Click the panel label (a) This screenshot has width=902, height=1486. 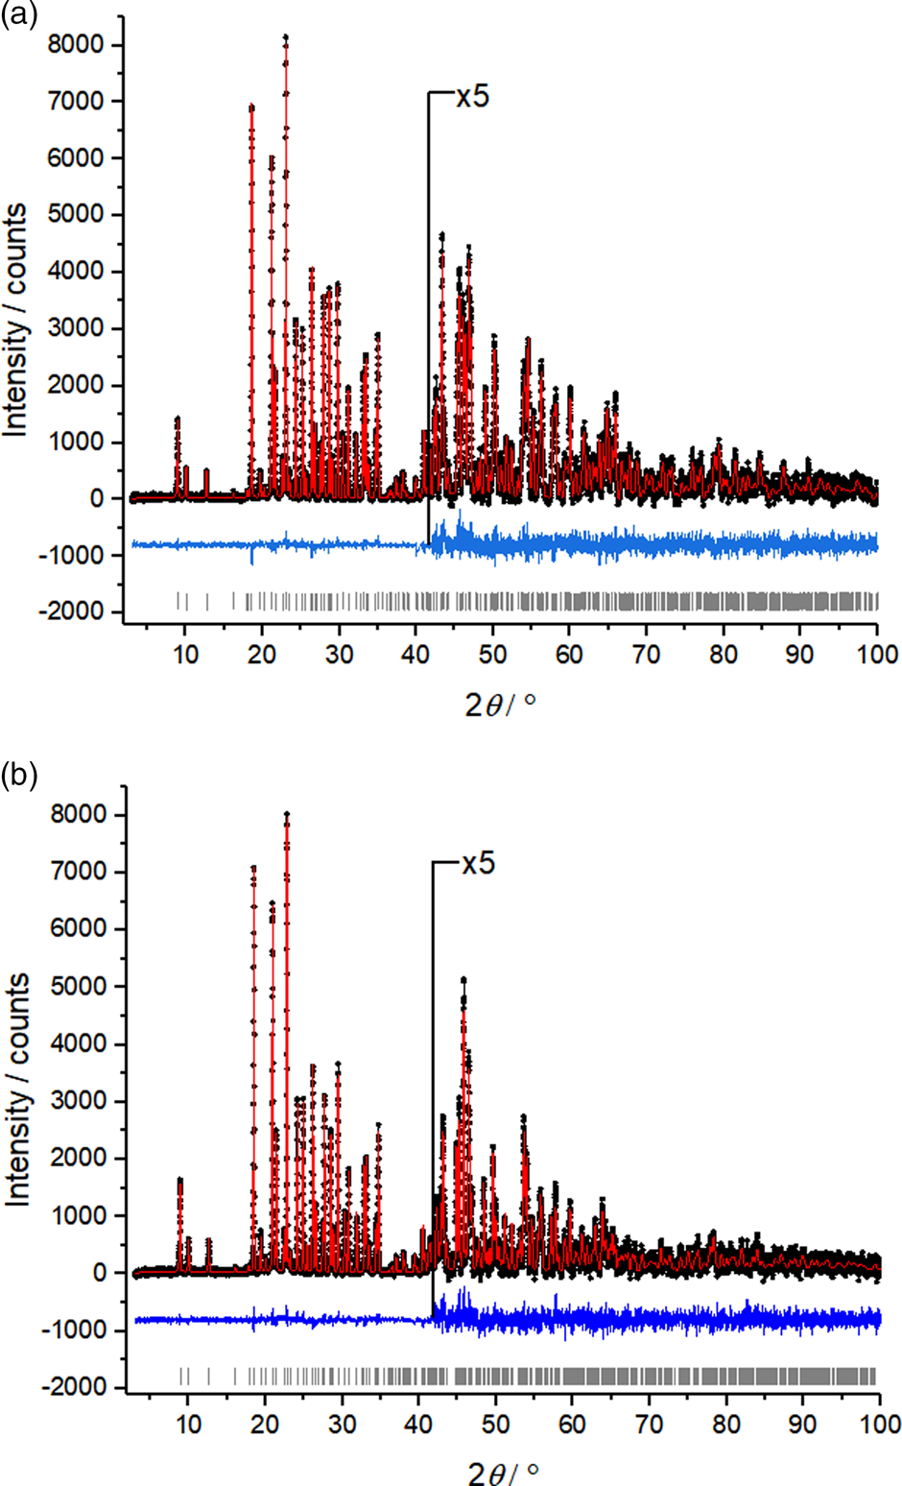(x=18, y=16)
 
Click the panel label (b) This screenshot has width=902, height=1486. (x=18, y=775)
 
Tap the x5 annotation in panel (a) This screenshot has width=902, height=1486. (x=472, y=96)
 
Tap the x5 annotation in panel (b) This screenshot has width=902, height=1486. (x=478, y=863)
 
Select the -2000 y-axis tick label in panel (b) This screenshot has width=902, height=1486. (x=83, y=1387)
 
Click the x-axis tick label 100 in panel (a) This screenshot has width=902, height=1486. (x=877, y=655)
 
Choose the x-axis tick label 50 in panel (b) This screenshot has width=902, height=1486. (x=495, y=1424)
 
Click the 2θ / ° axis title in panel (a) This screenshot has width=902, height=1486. (x=500, y=706)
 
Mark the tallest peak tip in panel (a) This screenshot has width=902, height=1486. (x=286, y=38)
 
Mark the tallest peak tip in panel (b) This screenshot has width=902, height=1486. (x=287, y=815)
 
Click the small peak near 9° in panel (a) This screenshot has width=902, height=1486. (x=178, y=419)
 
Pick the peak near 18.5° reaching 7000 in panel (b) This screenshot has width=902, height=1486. (x=253, y=868)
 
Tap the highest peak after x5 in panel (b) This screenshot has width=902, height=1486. (x=463, y=980)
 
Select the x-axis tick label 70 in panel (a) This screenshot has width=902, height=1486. (x=646, y=655)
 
